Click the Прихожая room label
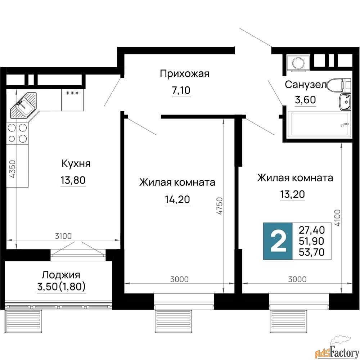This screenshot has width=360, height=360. [x=185, y=74]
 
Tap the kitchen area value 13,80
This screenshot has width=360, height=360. [x=73, y=180]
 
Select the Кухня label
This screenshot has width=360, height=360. [x=76, y=164]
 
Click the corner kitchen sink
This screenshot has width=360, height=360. [x=23, y=105]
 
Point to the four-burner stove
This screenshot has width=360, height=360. [x=17, y=133]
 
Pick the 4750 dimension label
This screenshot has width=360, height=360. [x=220, y=206]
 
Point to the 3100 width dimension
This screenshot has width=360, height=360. [x=63, y=236]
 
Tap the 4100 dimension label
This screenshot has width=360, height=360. [x=337, y=218]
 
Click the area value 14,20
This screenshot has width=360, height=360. [x=177, y=199]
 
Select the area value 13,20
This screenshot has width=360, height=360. [x=292, y=194]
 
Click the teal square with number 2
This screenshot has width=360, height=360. [x=278, y=241]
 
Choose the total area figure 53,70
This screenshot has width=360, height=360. [x=311, y=252]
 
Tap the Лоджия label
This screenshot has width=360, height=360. [x=61, y=275]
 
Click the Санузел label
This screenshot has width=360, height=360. [x=305, y=85]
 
